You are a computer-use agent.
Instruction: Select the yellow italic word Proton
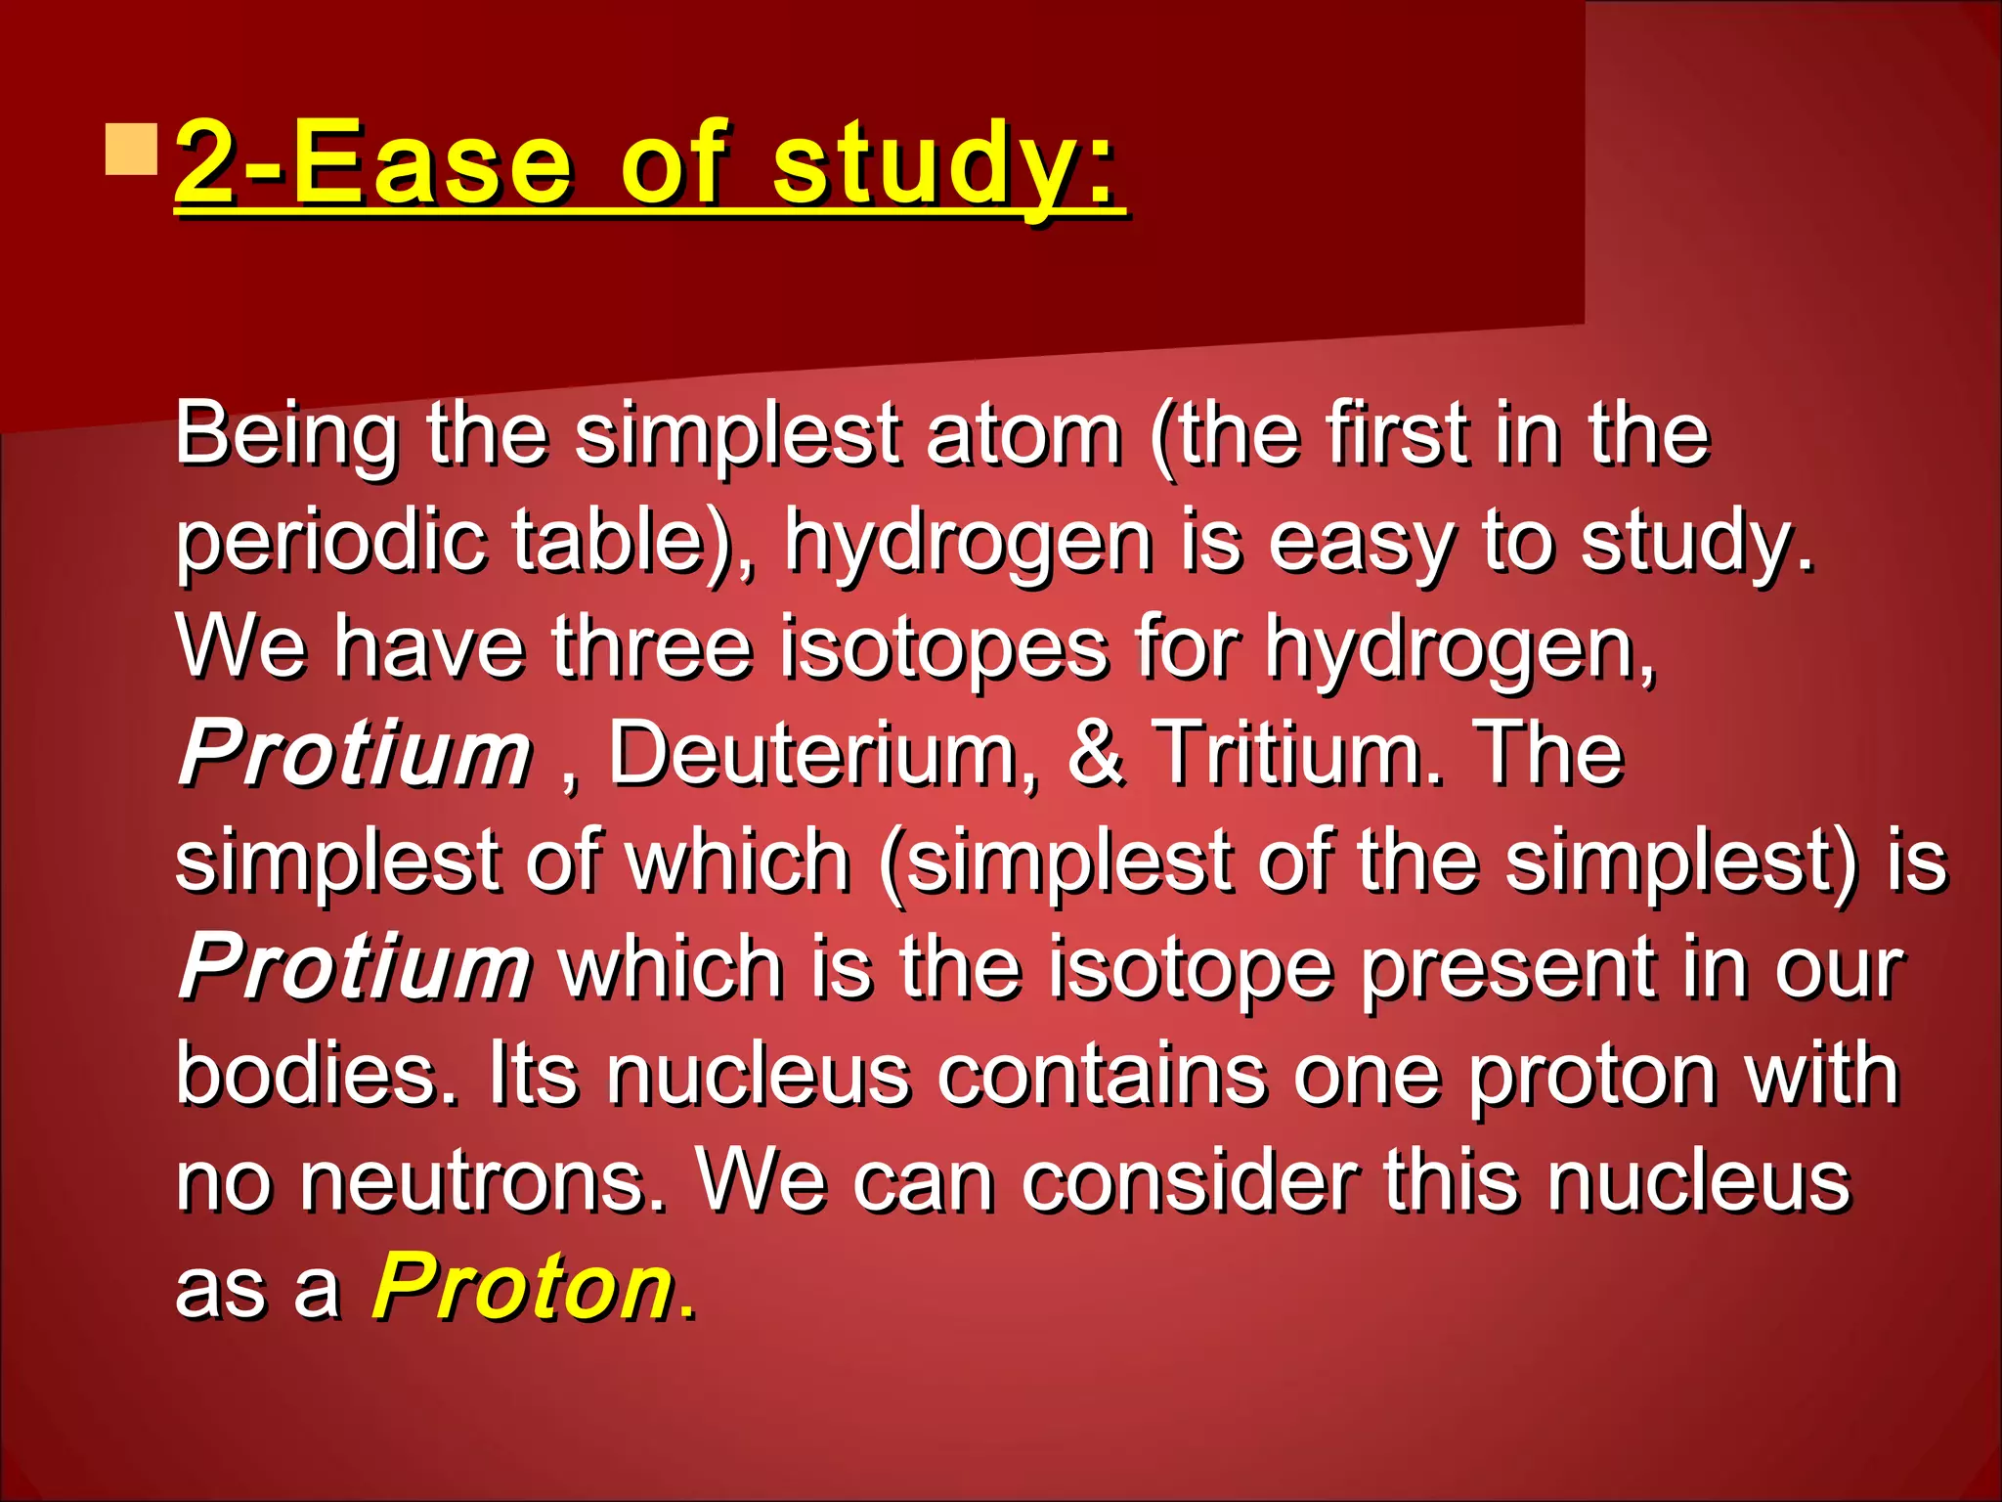(x=523, y=1287)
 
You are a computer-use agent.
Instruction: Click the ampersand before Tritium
(x=1097, y=754)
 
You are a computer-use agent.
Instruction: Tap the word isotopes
(x=944, y=647)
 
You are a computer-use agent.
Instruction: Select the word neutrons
(x=484, y=1181)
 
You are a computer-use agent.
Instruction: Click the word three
(x=651, y=647)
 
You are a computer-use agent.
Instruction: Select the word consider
(x=1190, y=1181)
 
